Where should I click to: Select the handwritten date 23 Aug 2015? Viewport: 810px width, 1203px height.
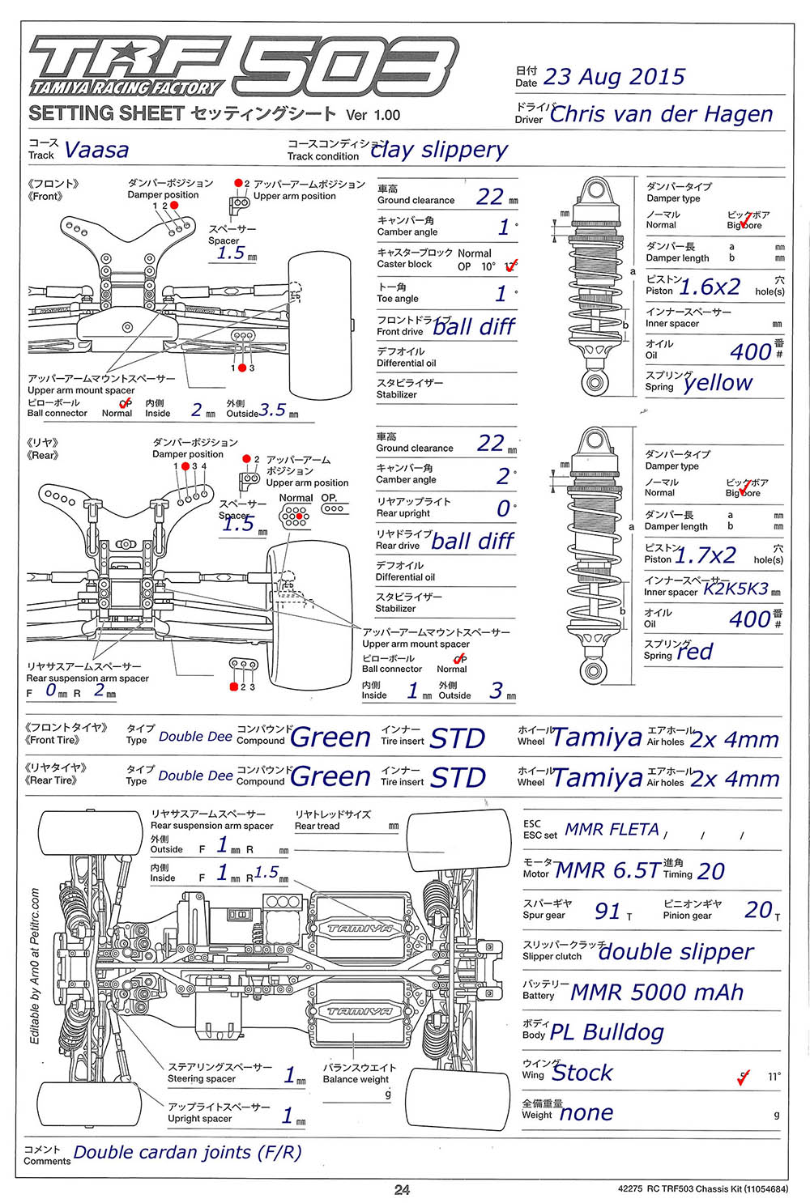pyautogui.click(x=614, y=77)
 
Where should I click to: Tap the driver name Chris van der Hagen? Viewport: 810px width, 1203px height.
pyautogui.click(x=661, y=114)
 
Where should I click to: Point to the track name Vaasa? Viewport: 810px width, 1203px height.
pyautogui.click(x=96, y=151)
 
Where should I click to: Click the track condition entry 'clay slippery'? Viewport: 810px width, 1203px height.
pyautogui.click(x=439, y=150)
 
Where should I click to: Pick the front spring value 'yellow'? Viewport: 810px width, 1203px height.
pyautogui.click(x=718, y=383)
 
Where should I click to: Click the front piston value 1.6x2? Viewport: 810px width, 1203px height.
pyautogui.click(x=710, y=287)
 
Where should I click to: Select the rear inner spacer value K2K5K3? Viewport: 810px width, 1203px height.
pyautogui.click(x=735, y=589)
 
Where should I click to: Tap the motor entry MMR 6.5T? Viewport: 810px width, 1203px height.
pyautogui.click(x=607, y=870)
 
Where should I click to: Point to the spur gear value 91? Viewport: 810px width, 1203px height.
pyautogui.click(x=607, y=911)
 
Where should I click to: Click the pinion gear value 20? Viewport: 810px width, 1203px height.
pyautogui.click(x=759, y=910)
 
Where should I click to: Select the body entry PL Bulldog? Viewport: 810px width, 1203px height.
pyautogui.click(x=607, y=1032)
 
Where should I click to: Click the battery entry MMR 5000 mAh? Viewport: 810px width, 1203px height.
pyautogui.click(x=657, y=992)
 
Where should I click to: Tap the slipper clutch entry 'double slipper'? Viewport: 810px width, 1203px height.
pyautogui.click(x=676, y=952)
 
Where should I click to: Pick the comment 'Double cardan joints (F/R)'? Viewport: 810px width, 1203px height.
pyautogui.click(x=187, y=1152)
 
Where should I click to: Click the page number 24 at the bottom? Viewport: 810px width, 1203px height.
pyautogui.click(x=402, y=1189)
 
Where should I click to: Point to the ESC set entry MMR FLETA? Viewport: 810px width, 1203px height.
pyautogui.click(x=612, y=830)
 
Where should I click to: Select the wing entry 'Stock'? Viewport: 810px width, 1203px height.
pyautogui.click(x=582, y=1073)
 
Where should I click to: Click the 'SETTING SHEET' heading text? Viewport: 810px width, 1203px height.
pyautogui.click(x=105, y=113)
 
